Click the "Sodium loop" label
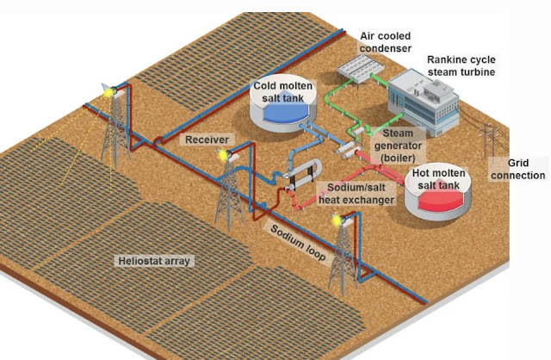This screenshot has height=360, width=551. click(298, 244)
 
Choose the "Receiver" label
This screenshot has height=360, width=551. click(206, 139)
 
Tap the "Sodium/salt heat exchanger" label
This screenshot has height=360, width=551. click(356, 193)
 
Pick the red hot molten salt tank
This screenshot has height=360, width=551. click(439, 200)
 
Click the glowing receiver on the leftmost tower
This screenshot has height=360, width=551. click(107, 89)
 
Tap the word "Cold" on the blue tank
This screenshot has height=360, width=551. click(268, 86)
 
